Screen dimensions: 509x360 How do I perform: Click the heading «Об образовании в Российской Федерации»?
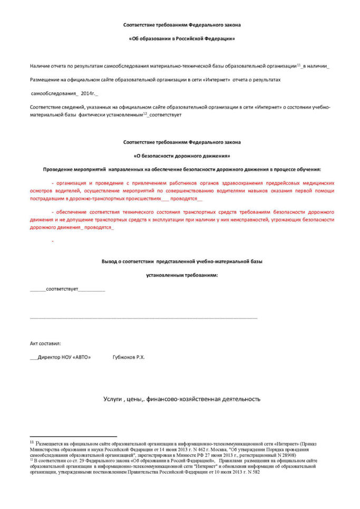(182, 39)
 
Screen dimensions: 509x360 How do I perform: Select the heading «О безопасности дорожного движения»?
(182, 156)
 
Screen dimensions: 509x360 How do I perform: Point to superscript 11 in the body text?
(299, 64)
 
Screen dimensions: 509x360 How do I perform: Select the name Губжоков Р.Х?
(129, 357)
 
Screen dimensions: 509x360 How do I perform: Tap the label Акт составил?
(45, 343)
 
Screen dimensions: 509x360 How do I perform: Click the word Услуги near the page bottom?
(112, 399)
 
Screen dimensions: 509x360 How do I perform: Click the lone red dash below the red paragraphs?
(53, 241)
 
